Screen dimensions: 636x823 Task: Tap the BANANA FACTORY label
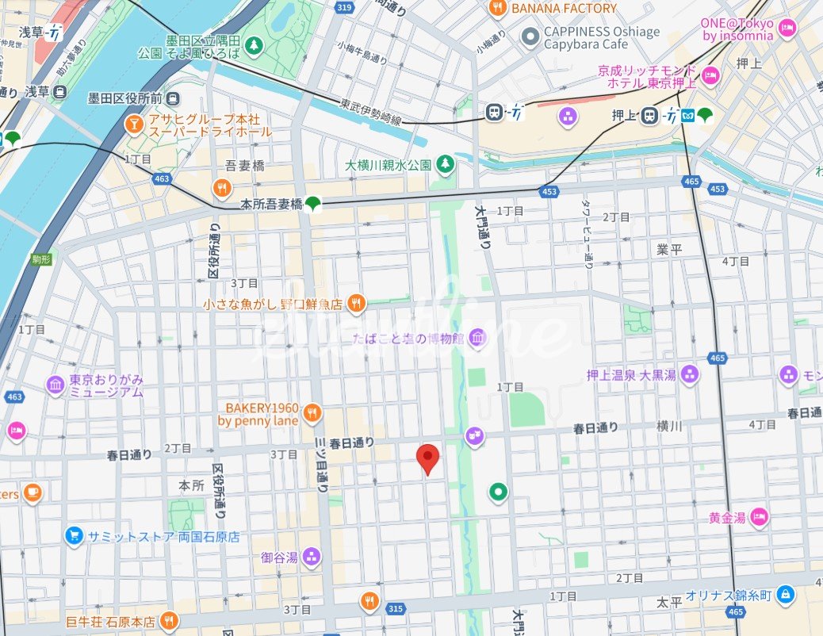(x=564, y=9)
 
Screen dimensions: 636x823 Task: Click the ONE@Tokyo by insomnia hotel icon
(x=787, y=30)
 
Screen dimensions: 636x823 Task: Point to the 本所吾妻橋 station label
(x=271, y=205)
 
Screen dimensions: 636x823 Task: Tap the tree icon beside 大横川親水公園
(x=446, y=164)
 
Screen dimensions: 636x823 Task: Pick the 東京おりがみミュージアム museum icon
(x=56, y=385)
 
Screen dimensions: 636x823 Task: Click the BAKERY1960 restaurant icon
(x=312, y=412)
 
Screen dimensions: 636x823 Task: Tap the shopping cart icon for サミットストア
(x=74, y=536)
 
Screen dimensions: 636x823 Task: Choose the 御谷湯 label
(x=279, y=557)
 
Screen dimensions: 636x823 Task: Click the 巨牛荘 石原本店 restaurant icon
(x=167, y=619)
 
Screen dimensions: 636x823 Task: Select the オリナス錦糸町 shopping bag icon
(x=785, y=593)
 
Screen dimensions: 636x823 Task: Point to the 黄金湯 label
(x=727, y=518)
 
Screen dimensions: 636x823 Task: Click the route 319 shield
(x=343, y=8)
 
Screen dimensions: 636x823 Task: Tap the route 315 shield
(x=395, y=608)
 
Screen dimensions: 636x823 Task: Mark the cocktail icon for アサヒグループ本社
(x=135, y=124)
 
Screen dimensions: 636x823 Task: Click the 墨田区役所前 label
(x=124, y=98)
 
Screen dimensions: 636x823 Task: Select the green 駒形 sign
(x=42, y=259)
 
